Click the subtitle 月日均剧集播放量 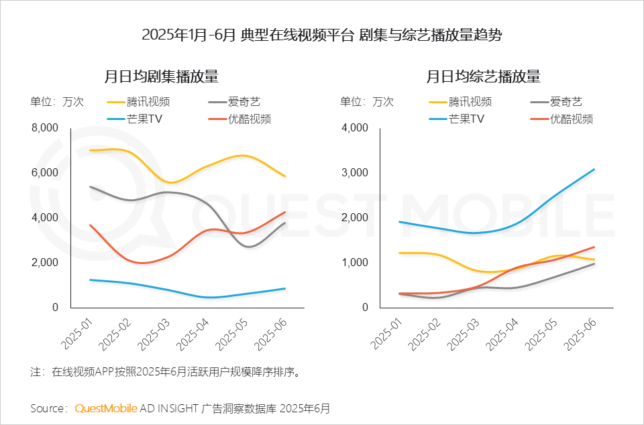[161, 76]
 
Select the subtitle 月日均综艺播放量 [483, 76]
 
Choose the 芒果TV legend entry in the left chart [140, 119]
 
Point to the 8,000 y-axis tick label [45, 128]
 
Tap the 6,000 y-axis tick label [45, 173]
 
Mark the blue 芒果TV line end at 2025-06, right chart [594, 169]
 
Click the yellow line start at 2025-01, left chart [90, 150]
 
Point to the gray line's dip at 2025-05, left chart [248, 247]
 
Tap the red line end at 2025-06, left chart [285, 213]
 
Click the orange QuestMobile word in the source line [106, 408]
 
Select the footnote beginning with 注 [164, 371]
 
